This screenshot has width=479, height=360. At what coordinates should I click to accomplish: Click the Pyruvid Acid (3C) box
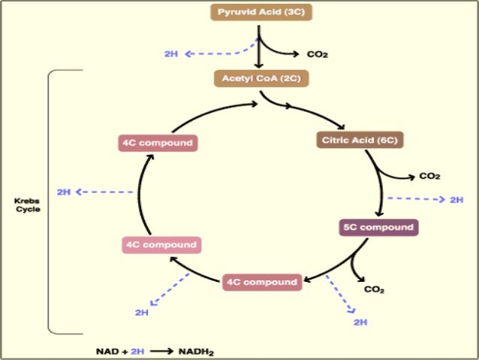pos(261,13)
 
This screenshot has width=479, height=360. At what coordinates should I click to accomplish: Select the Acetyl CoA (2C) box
pos(261,78)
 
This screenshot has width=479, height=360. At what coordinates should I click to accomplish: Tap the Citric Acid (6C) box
pos(359,140)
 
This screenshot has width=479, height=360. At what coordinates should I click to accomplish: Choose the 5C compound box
pos(377,227)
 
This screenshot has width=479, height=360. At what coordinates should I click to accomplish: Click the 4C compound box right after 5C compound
pos(261,283)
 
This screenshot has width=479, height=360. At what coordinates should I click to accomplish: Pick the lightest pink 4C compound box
pos(161,245)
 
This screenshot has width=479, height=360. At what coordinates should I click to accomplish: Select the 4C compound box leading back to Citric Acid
pos(158,142)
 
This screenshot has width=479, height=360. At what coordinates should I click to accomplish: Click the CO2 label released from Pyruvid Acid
pos(318,54)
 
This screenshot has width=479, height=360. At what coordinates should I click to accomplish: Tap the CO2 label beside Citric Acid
pos(429,176)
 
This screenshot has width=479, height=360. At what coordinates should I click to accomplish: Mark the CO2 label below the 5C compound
pos(374,289)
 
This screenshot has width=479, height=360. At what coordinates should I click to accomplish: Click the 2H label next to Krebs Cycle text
pos(64,192)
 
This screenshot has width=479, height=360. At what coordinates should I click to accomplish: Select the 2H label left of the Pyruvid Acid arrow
pos(171,54)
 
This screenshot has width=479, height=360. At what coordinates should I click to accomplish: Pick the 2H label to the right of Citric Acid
pos(456,200)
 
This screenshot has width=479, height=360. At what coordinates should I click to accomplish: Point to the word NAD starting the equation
pos(107,351)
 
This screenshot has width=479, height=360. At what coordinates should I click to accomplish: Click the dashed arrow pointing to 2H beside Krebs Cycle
pos(105,192)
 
